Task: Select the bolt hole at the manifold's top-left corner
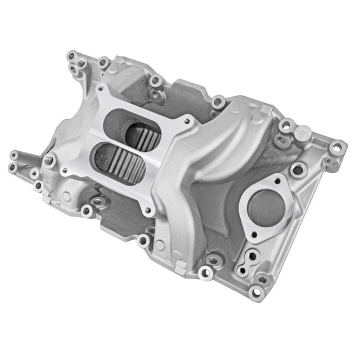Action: [71, 56]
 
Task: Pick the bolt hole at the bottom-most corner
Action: [256, 292]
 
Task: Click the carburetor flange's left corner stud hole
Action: [65, 170]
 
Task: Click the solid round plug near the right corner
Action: [303, 133]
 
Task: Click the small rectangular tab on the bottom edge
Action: [179, 268]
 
